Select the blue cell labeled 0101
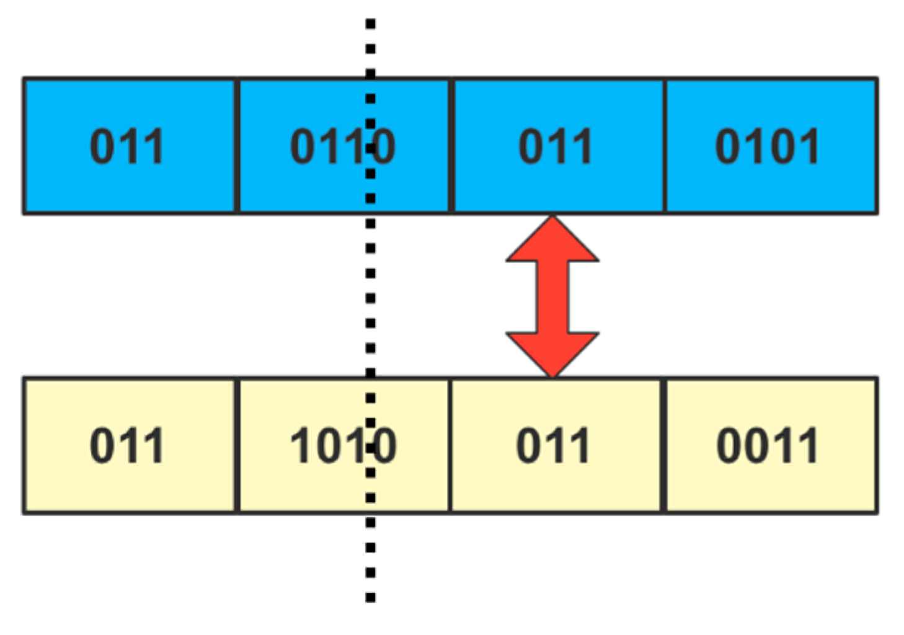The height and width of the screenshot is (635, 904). coord(771,146)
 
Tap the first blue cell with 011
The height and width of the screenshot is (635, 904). coord(129,146)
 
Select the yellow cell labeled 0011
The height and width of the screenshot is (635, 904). coord(771,445)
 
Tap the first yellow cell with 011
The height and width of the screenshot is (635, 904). coord(129,445)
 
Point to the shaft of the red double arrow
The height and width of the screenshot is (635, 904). coord(552,296)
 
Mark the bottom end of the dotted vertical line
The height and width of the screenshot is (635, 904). coord(370,598)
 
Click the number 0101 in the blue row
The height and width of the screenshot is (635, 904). coord(768,147)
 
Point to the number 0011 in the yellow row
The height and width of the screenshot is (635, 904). coord(768,446)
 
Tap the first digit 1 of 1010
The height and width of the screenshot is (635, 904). coord(302,446)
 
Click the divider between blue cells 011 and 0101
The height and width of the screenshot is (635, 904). coord(665,146)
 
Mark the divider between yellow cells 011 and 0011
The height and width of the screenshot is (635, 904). coord(663,445)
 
